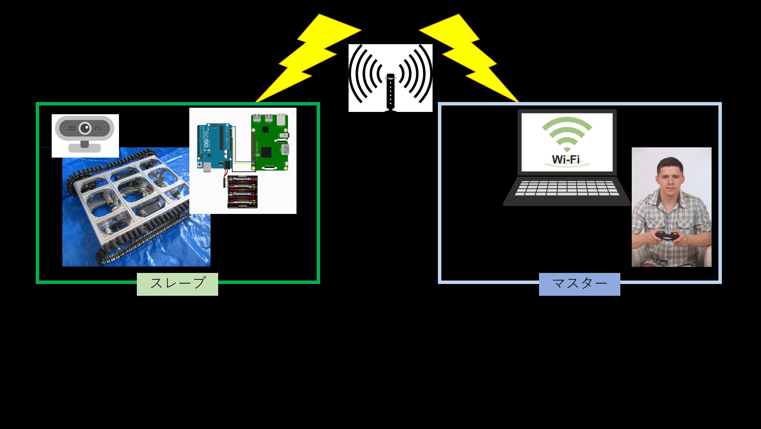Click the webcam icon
(x=85, y=135)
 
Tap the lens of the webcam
(x=85, y=128)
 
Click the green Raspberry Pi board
(x=270, y=143)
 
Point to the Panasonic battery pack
(x=242, y=192)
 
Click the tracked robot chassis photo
(x=129, y=213)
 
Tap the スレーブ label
(x=178, y=284)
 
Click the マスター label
(x=579, y=284)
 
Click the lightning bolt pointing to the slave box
(x=304, y=57)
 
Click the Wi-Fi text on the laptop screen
(x=566, y=159)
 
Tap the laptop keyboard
(x=566, y=188)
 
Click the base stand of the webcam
(x=85, y=148)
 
